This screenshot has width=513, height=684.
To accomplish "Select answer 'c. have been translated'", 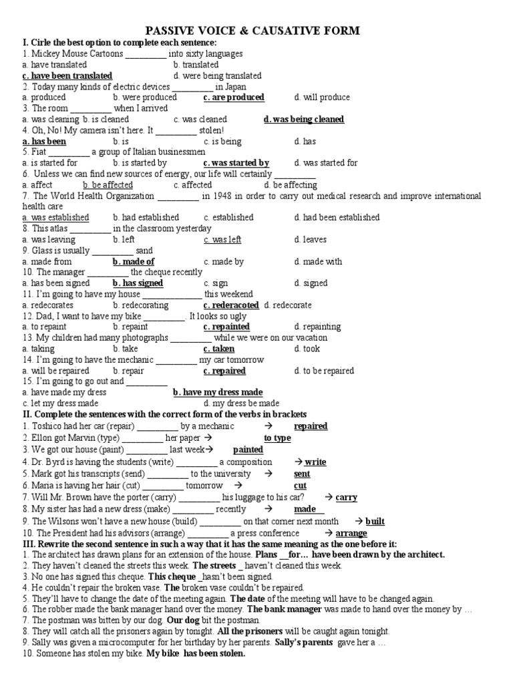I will pos(67,76).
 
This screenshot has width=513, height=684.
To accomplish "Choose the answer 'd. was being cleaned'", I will pos(304,120).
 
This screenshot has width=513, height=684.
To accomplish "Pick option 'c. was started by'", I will pos(236,163).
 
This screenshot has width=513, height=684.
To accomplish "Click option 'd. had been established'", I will pos(337,218).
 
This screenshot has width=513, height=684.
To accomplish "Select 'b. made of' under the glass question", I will pos(134,262).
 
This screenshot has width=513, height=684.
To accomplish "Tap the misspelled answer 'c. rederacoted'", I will pos(231,305).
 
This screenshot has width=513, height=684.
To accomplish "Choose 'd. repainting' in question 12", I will pos(317,327).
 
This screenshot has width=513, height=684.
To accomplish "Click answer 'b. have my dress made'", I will pos(218,393).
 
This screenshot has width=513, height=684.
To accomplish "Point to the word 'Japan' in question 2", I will pos(235,87).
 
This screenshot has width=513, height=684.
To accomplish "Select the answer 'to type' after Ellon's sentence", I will pos(277,438).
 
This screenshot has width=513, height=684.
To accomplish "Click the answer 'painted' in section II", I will pos(248,450).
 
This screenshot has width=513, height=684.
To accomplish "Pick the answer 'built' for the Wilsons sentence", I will pos(375,521).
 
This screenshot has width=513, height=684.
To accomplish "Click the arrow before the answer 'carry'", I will pos(329,498).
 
